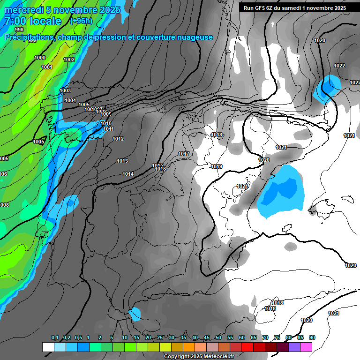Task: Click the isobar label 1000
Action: (40, 58)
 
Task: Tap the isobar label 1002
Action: (69, 60)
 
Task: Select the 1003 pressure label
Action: (65, 91)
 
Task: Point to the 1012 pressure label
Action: (118, 139)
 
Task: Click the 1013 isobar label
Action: (122, 161)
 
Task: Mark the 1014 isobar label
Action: (128, 174)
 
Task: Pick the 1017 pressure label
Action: (184, 154)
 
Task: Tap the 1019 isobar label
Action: (217, 167)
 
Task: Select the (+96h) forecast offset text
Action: (81, 21)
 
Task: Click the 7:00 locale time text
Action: (33, 22)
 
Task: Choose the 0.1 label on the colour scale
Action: (55, 338)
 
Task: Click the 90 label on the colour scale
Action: (312, 338)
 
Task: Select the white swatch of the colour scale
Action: (48, 347)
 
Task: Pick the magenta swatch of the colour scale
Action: (306, 347)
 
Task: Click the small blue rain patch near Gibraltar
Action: (135, 314)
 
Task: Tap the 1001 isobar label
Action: (46, 67)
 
